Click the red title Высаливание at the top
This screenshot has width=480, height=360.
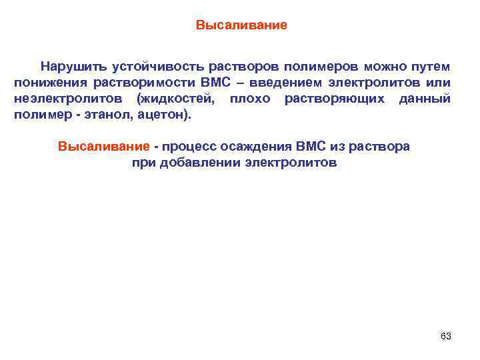(241, 26)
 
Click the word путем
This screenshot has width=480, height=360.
(431, 67)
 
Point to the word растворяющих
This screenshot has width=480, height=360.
(335, 99)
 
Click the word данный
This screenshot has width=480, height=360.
(425, 99)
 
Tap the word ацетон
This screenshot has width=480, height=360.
(158, 115)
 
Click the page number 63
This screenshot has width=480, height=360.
(445, 336)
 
